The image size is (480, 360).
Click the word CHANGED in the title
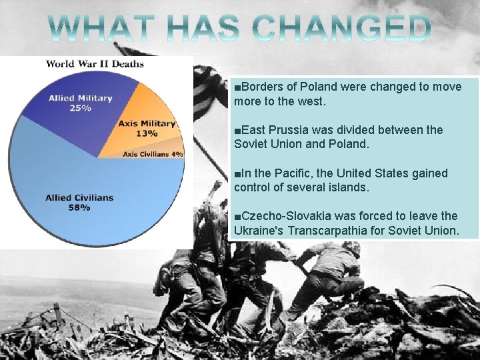click(x=343, y=28)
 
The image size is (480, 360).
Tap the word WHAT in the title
click(x=104, y=28)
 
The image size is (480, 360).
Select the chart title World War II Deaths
click(x=95, y=64)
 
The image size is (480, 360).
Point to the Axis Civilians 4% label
click(x=153, y=154)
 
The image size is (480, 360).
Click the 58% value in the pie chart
click(x=79, y=207)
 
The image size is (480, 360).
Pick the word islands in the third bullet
click(x=347, y=188)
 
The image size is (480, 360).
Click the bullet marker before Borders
click(x=237, y=87)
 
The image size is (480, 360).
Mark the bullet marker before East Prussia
click(x=237, y=131)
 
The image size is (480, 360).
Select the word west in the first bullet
click(x=309, y=101)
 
